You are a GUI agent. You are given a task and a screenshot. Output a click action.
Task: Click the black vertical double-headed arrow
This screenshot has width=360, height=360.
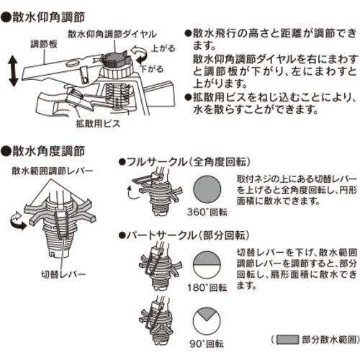click(13, 74)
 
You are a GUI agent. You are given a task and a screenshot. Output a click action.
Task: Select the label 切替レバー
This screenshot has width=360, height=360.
click(65, 274)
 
